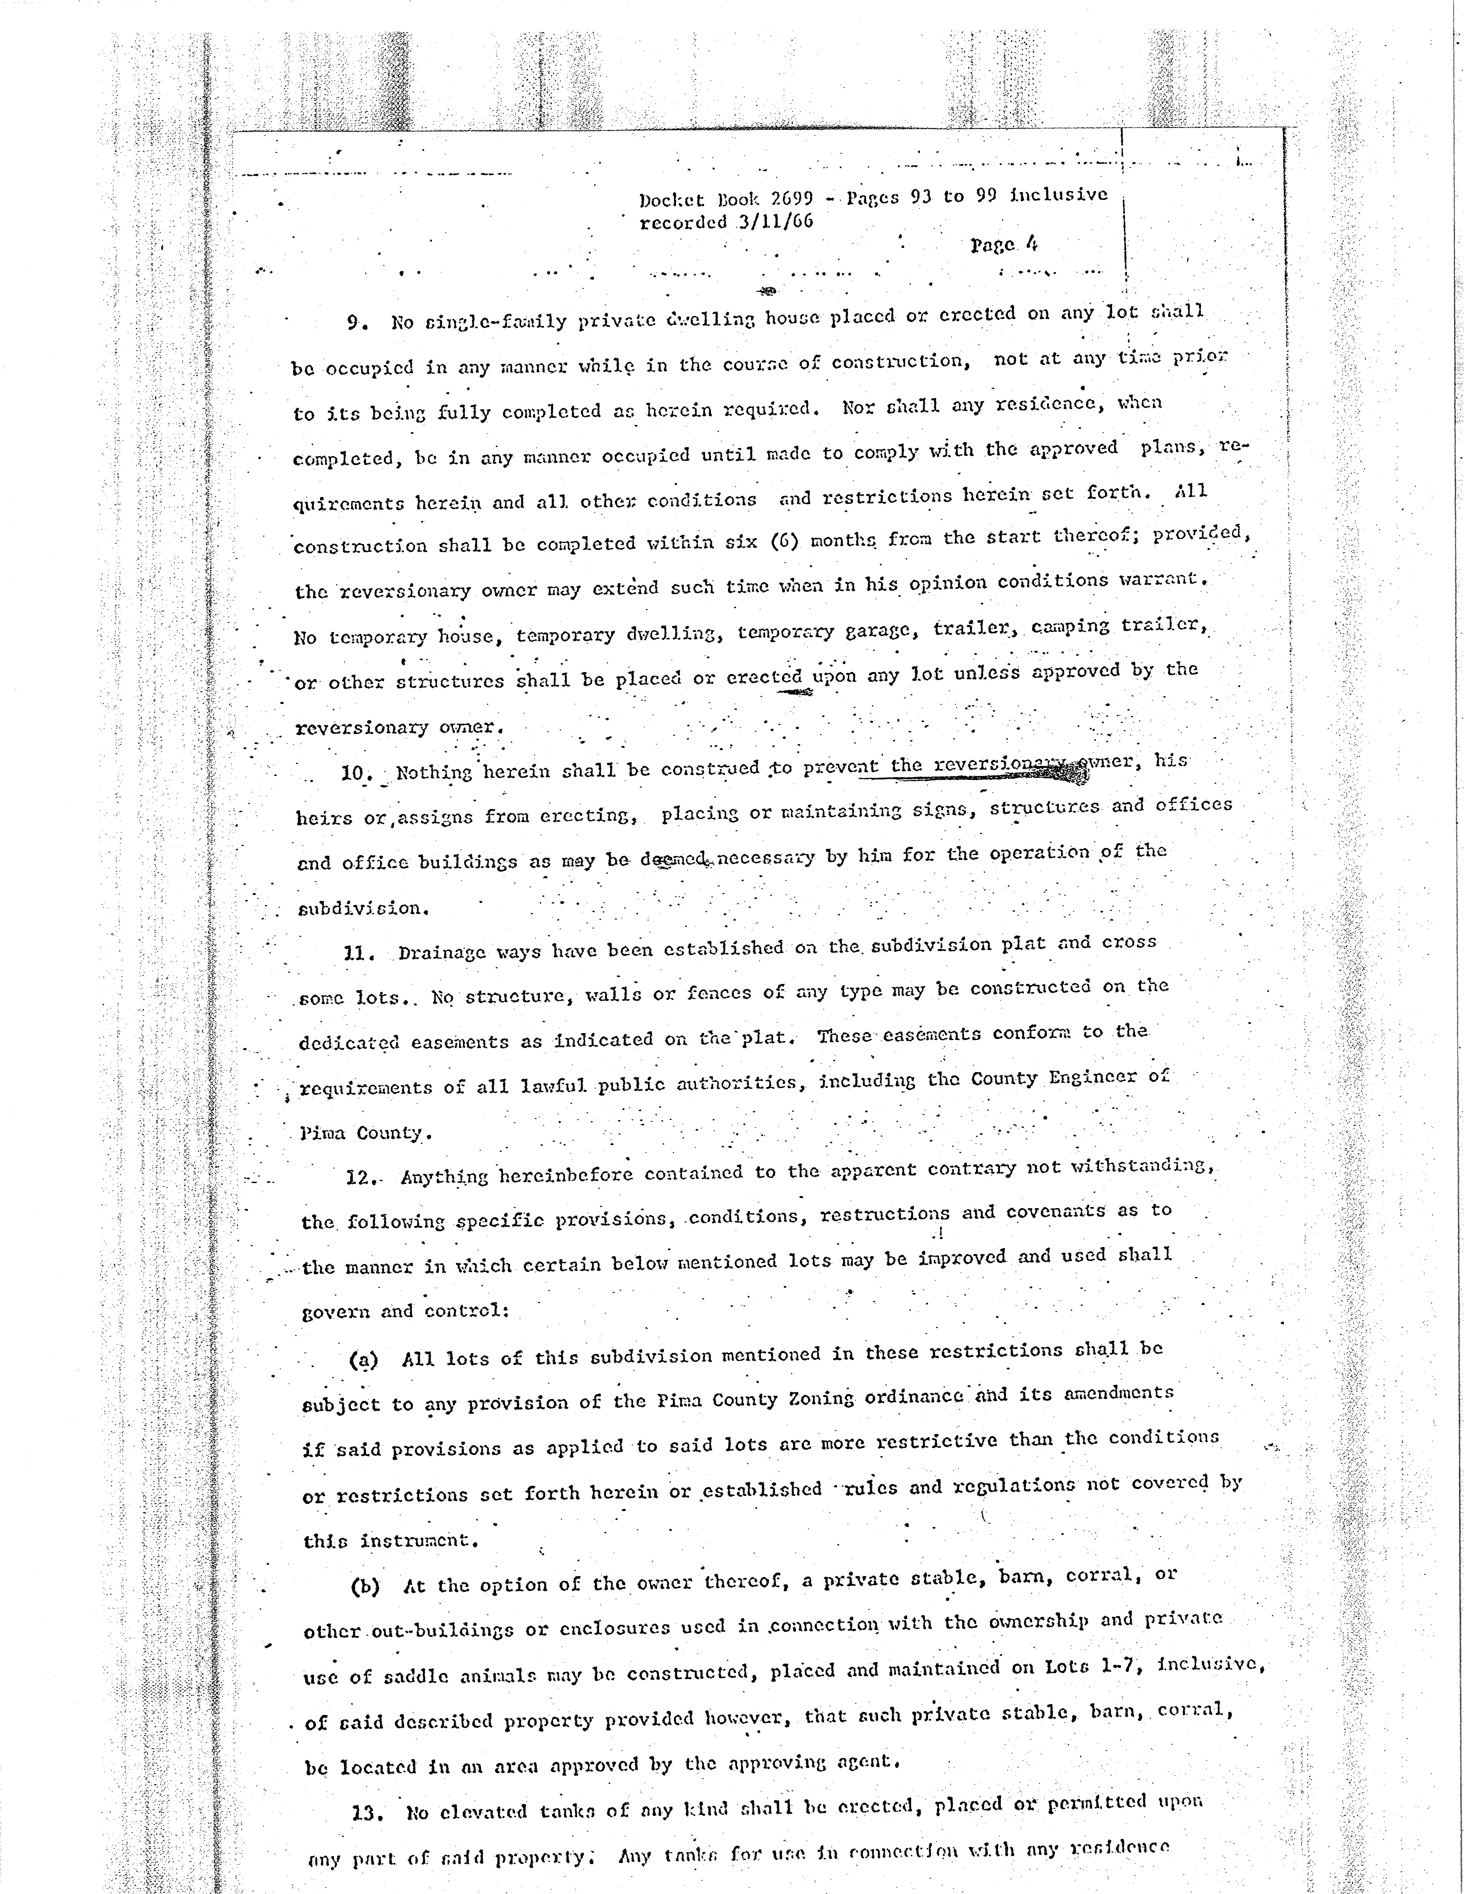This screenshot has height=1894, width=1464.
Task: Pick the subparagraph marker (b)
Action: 365,1586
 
